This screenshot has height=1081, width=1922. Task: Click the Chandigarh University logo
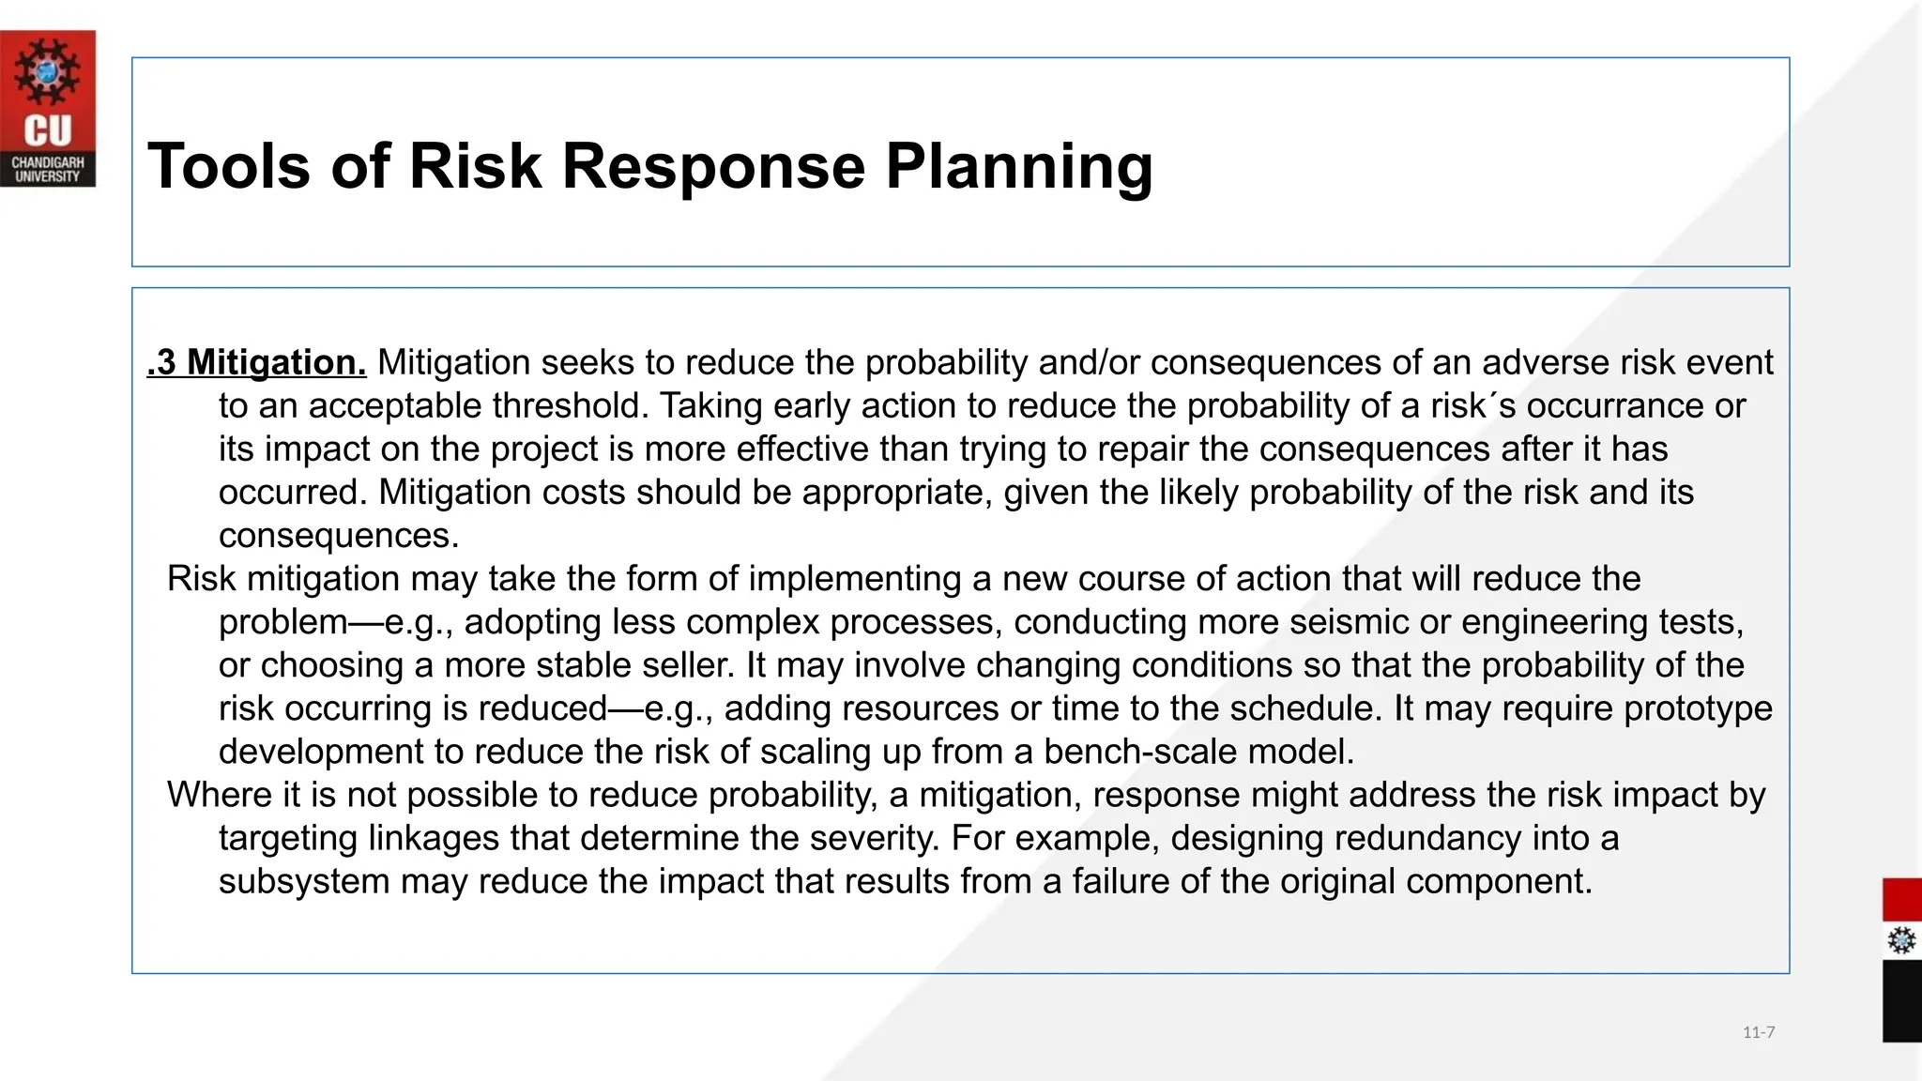48,108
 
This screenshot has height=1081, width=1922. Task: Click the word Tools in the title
228,167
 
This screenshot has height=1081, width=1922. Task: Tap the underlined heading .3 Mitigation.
256,363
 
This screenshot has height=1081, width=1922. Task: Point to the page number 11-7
1758,1033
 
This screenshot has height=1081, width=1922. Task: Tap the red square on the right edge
1901,900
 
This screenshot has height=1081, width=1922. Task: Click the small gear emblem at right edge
1901,940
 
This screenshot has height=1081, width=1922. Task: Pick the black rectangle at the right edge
1901,1001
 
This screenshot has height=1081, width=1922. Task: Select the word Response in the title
713,167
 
